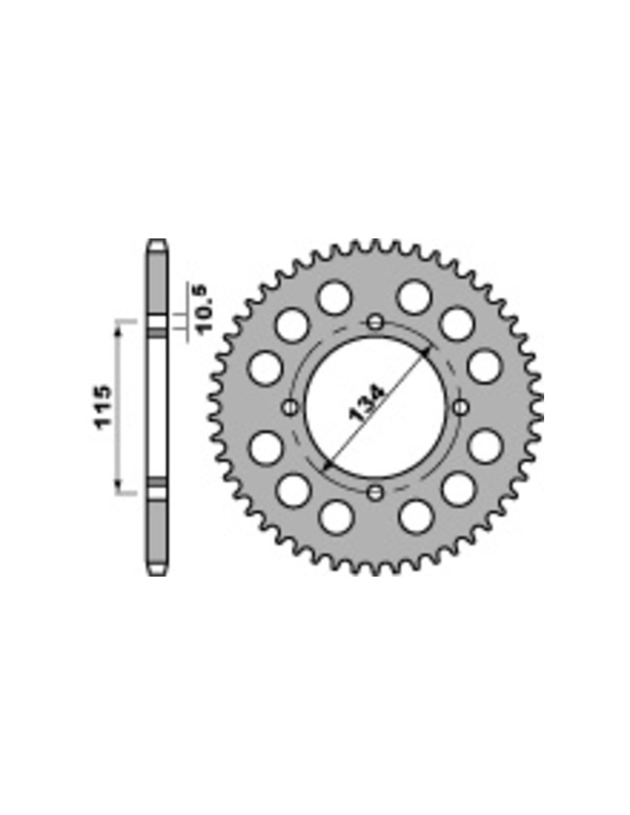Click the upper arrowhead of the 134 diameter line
pyautogui.click(x=425, y=353)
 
